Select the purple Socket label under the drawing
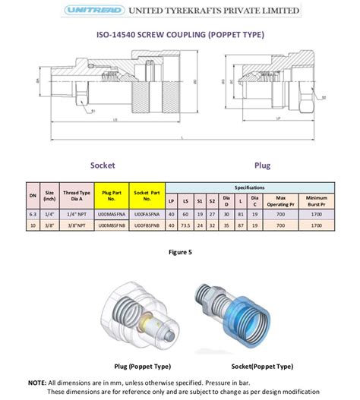click(x=103, y=165)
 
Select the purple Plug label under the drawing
click(x=264, y=165)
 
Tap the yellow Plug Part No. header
click(x=112, y=195)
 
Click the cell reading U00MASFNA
click(x=112, y=215)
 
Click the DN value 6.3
click(x=33, y=215)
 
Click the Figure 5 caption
click(x=179, y=251)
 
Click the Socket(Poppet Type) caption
click(x=253, y=365)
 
